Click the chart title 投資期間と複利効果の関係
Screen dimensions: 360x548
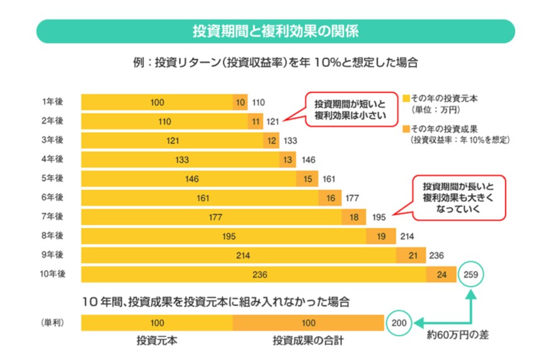275,31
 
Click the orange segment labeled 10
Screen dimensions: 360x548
240,102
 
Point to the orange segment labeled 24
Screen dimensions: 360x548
441,275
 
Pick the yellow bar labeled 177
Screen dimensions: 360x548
211,217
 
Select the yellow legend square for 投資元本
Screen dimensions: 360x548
405,99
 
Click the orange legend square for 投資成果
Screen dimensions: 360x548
405,129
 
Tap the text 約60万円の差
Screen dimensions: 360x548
457,335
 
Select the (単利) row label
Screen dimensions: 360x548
52,323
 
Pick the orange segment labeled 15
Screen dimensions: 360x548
307,179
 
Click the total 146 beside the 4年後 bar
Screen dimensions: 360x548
309,159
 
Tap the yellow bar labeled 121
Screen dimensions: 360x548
173,140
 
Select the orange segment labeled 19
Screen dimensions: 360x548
381,237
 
